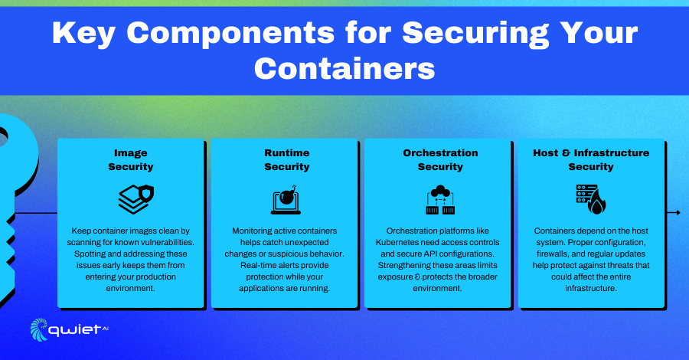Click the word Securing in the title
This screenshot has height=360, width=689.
click(x=475, y=34)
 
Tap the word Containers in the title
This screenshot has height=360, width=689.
click(x=344, y=69)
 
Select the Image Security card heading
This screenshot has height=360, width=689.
click(x=130, y=159)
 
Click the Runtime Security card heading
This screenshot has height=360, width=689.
click(x=287, y=159)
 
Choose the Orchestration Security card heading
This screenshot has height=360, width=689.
click(x=440, y=159)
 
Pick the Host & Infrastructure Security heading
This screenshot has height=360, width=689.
click(x=591, y=159)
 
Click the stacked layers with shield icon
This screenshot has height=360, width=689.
click(x=136, y=200)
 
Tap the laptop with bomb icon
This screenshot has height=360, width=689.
click(x=286, y=200)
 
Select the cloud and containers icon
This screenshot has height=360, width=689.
click(x=440, y=200)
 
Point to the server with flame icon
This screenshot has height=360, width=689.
click(x=591, y=200)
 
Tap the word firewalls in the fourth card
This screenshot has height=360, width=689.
click(x=553, y=254)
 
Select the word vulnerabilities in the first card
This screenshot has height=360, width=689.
click(x=168, y=242)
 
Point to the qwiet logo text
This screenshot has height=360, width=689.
click(x=75, y=330)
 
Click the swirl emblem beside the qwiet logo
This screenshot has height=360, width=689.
click(x=39, y=329)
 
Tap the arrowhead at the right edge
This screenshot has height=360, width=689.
click(x=678, y=213)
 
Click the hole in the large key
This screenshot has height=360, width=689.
click(x=2, y=138)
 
